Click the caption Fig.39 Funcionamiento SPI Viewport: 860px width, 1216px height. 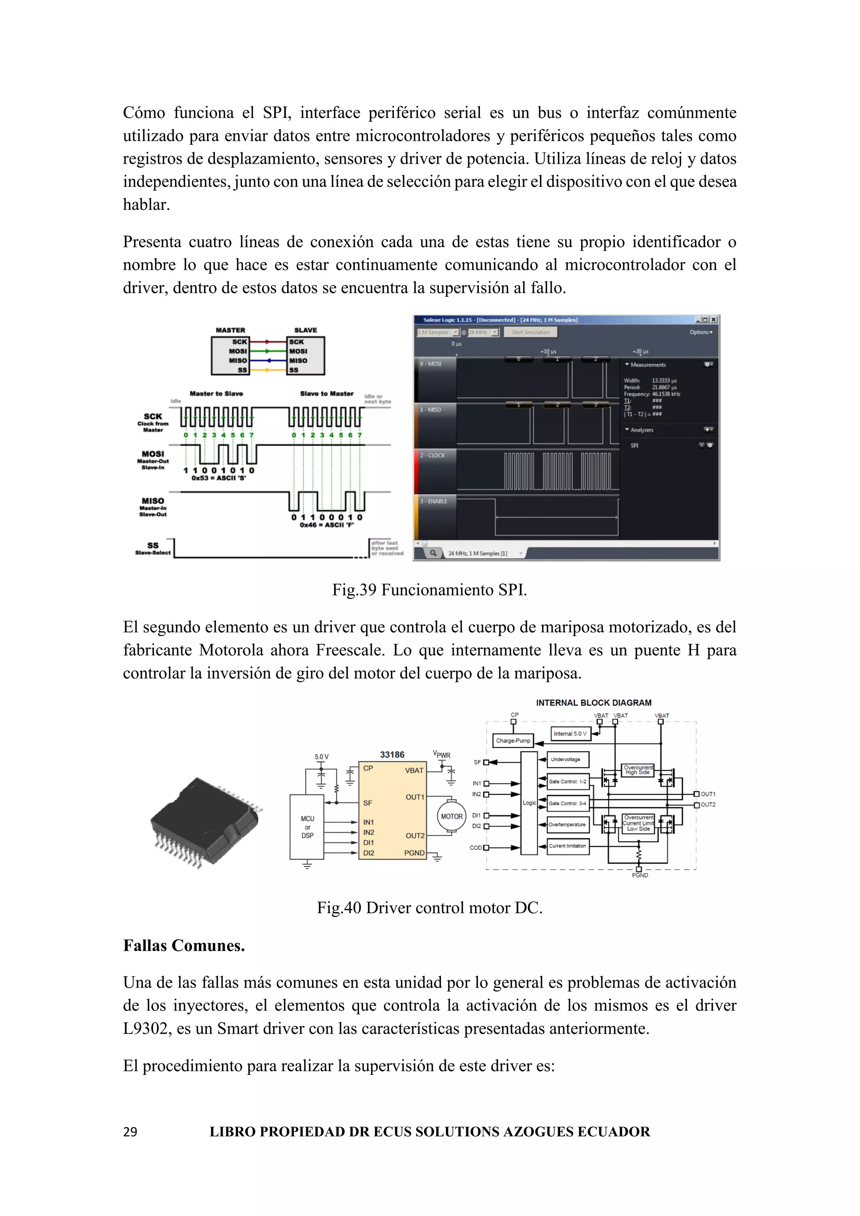pos(430,590)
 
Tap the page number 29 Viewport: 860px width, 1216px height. pos(130,1132)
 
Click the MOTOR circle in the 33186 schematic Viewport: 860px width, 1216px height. pos(451,816)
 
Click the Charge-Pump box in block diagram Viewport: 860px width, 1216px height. pos(513,740)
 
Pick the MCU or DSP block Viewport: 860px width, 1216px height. pos(307,827)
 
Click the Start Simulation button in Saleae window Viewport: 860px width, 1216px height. pos(531,333)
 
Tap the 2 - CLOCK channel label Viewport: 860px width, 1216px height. pos(433,456)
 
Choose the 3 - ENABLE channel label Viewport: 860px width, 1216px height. pos(434,501)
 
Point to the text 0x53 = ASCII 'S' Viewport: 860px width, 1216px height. pos(219,478)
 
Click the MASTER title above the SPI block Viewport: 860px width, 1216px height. pos(231,330)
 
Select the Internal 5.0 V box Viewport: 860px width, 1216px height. pos(570,734)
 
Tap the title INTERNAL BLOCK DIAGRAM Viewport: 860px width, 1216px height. pos(594,703)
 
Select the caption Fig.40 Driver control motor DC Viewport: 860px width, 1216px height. pos(430,908)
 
